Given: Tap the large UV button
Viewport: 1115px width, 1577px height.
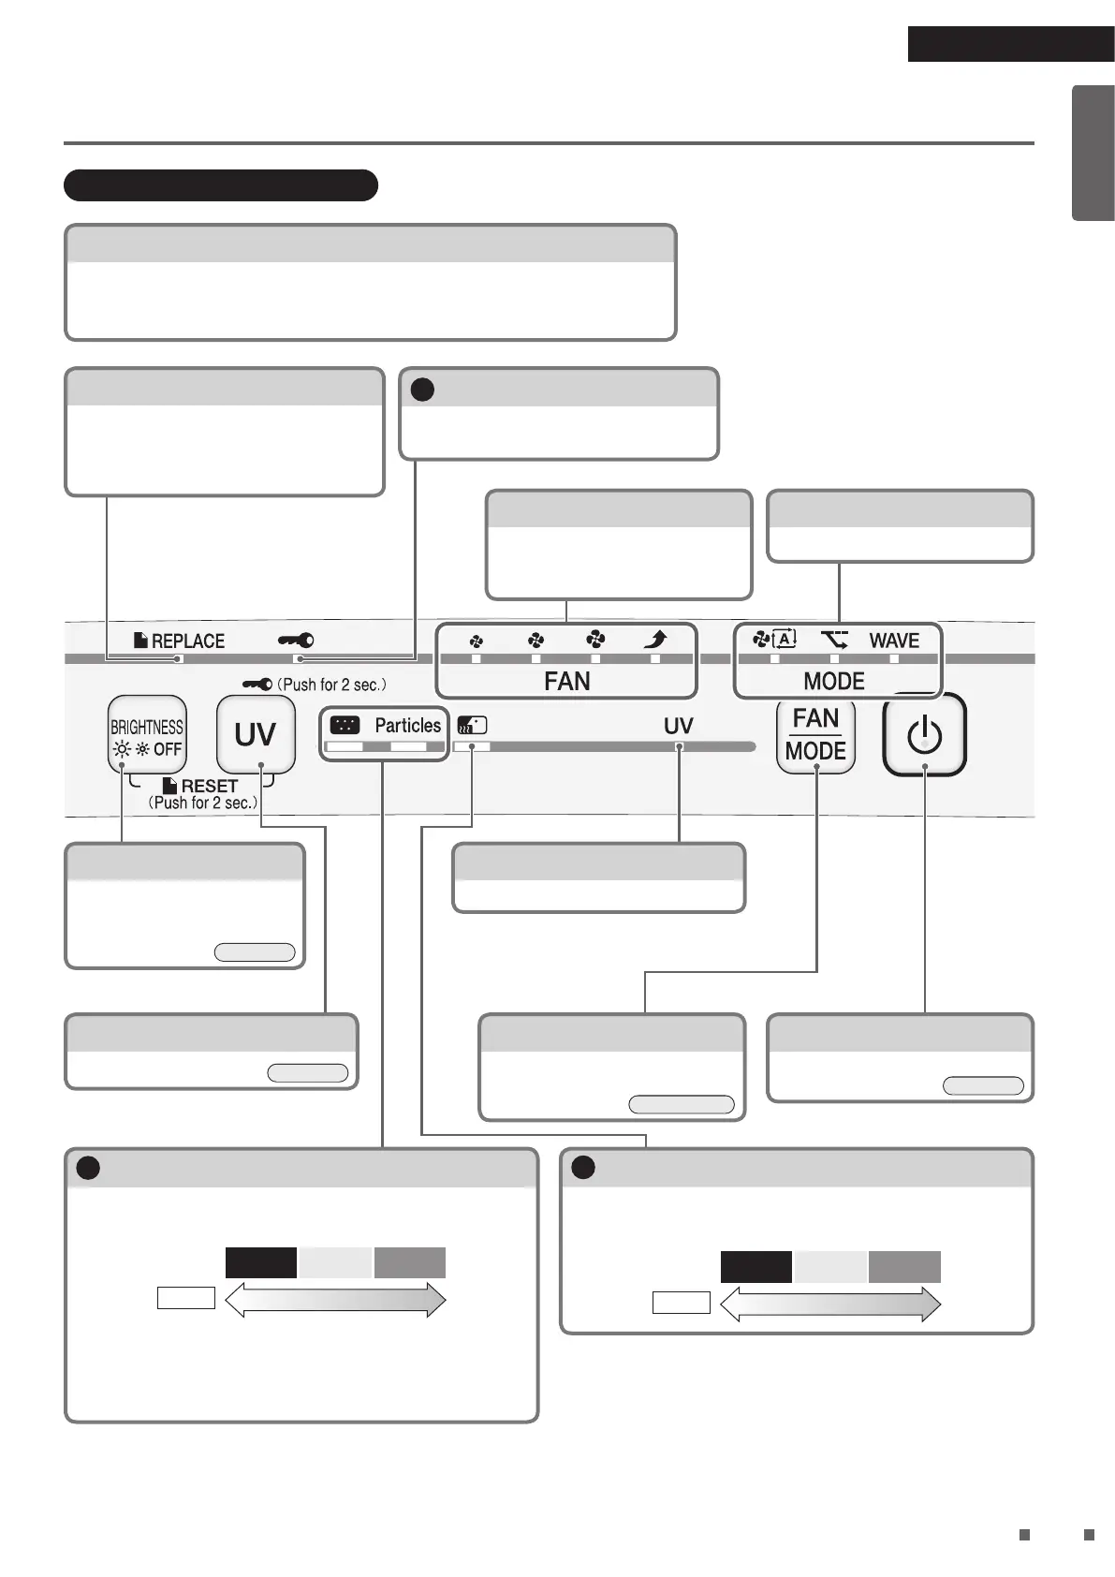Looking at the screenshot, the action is click(256, 734).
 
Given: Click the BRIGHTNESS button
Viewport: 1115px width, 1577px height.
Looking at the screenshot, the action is click(147, 734).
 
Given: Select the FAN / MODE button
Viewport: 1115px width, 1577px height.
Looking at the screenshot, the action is click(816, 735).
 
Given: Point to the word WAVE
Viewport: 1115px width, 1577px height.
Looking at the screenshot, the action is click(894, 641).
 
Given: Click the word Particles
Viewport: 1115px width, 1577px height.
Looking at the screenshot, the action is click(407, 725).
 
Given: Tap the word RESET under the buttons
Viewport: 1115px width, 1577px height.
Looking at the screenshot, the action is click(209, 786).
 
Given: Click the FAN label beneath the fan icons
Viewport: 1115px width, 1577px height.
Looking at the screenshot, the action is click(567, 682).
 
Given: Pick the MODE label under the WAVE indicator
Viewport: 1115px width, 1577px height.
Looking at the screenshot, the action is click(834, 682).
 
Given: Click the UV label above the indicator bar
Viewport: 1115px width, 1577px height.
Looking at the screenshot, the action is click(679, 726).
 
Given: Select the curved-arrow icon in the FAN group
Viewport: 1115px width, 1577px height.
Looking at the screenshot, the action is click(655, 641).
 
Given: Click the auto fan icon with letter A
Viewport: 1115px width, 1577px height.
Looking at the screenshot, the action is click(774, 640).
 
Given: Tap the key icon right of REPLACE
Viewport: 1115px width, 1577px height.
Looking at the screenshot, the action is click(296, 641).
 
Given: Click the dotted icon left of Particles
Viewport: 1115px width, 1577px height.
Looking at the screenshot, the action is click(345, 725).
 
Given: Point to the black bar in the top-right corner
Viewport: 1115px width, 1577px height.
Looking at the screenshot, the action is click(1010, 45).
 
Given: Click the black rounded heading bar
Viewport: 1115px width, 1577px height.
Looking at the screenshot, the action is click(221, 185).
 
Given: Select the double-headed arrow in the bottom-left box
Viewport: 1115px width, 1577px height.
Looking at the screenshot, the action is click(335, 1300).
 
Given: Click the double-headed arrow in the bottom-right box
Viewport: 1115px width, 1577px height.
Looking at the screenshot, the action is click(830, 1304).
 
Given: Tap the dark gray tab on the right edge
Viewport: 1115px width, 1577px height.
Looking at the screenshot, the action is click(1093, 153).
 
